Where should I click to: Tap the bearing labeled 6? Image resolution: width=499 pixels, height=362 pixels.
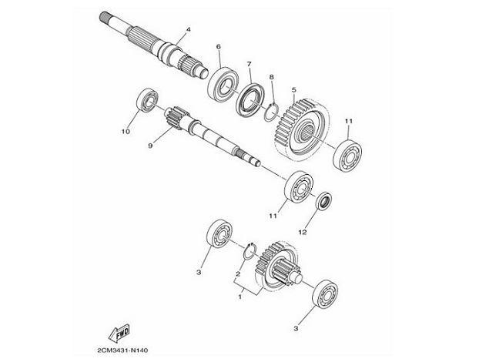(221, 82)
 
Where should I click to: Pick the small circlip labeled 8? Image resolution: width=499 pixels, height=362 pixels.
(269, 110)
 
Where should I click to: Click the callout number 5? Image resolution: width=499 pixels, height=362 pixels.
(293, 90)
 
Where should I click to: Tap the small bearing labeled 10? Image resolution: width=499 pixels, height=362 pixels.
(148, 101)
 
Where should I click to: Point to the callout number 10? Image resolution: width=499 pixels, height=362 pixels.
(126, 132)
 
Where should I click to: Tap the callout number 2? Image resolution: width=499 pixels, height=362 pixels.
(238, 273)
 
